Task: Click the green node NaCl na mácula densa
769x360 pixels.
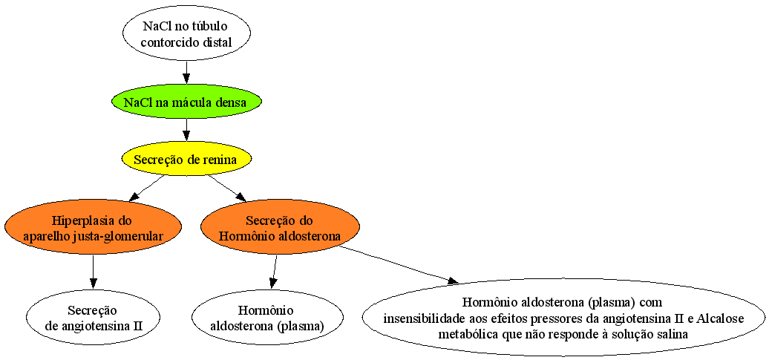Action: click(x=186, y=103)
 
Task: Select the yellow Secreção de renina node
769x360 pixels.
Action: click(x=186, y=160)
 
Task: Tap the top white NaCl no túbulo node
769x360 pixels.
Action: click(x=186, y=33)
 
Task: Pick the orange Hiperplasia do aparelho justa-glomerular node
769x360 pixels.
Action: click(x=93, y=226)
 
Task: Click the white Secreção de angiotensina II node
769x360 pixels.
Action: click(x=94, y=318)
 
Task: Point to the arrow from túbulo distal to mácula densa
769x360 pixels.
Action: click(x=186, y=74)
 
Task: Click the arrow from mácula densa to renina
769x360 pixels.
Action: click(x=186, y=131)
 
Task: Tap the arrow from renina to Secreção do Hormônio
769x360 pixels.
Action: click(x=227, y=188)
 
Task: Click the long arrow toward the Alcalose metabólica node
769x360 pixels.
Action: click(x=399, y=265)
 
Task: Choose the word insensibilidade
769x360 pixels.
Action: click(x=417, y=318)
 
